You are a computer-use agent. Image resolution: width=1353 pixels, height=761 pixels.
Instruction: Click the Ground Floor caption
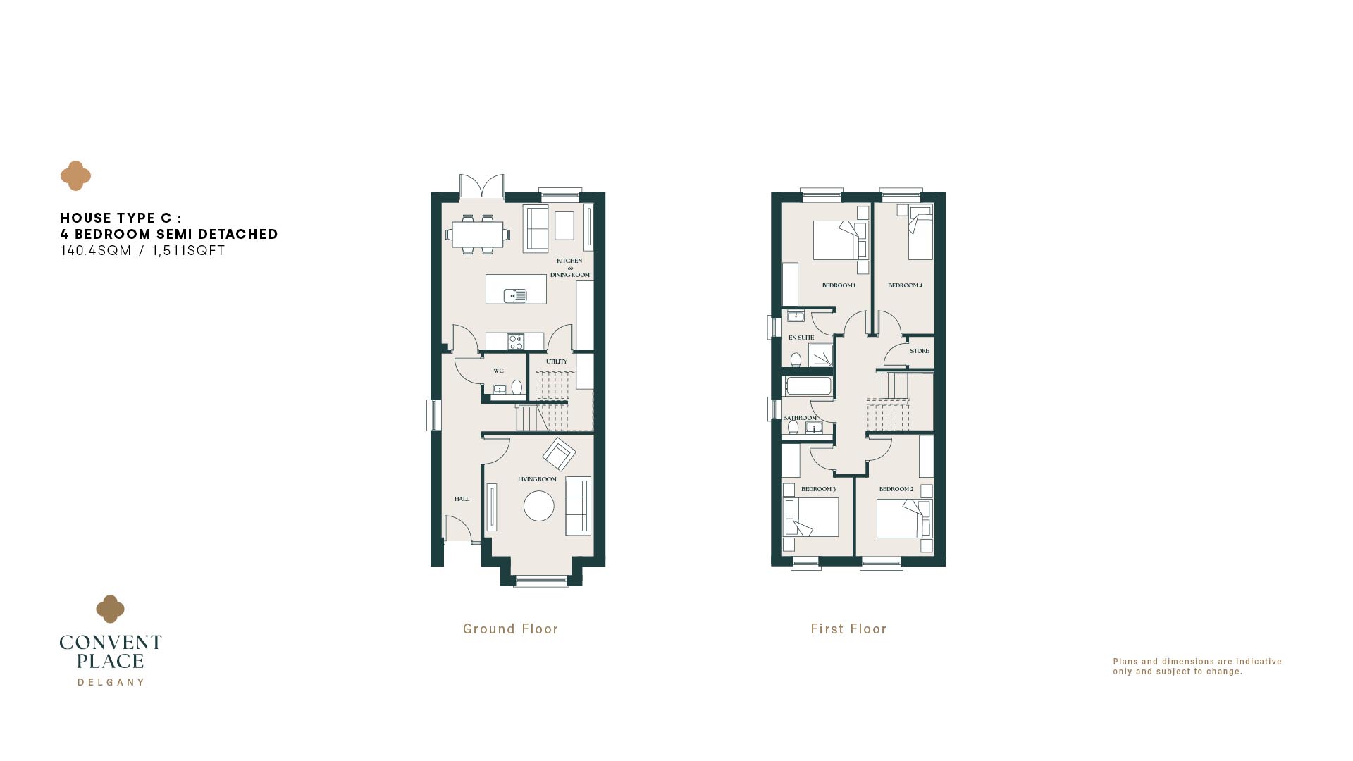(x=510, y=629)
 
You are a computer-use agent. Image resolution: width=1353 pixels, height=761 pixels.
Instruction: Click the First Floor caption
(x=848, y=629)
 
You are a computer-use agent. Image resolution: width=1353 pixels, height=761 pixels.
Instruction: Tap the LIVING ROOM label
(x=537, y=479)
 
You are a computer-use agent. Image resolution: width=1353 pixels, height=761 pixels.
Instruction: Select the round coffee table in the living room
(x=539, y=506)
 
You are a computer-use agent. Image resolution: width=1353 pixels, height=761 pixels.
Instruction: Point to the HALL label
(x=462, y=499)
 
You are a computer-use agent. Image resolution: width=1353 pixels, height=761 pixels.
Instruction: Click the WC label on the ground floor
(x=498, y=371)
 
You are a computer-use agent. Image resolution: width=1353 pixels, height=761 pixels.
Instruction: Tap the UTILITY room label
(x=556, y=361)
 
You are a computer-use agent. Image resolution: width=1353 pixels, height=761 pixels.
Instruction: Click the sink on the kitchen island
(x=515, y=296)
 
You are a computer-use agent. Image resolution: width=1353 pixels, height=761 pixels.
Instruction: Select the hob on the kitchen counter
(x=516, y=342)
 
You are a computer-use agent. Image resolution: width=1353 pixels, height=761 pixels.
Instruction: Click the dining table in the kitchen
(x=478, y=235)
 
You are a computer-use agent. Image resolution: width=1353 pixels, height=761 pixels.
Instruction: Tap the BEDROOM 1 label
(x=839, y=285)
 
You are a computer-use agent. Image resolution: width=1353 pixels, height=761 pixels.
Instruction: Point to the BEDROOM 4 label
(x=905, y=285)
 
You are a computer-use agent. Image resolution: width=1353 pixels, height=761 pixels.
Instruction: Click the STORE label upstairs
(x=920, y=351)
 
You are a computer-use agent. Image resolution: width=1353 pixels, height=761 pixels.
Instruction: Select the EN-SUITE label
(x=801, y=338)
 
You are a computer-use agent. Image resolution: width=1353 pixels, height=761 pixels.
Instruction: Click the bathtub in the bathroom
(x=809, y=386)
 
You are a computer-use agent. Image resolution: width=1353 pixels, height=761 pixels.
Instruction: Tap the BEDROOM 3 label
(x=818, y=489)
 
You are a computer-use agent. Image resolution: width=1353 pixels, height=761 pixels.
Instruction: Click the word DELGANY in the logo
(x=111, y=682)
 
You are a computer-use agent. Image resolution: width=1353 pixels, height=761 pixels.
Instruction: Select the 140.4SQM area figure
(x=96, y=251)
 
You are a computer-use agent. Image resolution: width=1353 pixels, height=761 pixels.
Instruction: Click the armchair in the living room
(x=559, y=454)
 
